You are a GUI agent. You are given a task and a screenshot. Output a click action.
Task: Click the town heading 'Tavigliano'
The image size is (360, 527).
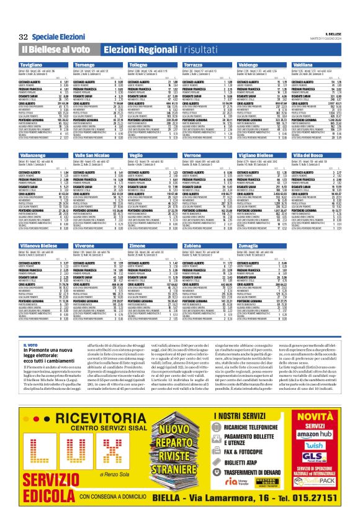pos(34,65)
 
